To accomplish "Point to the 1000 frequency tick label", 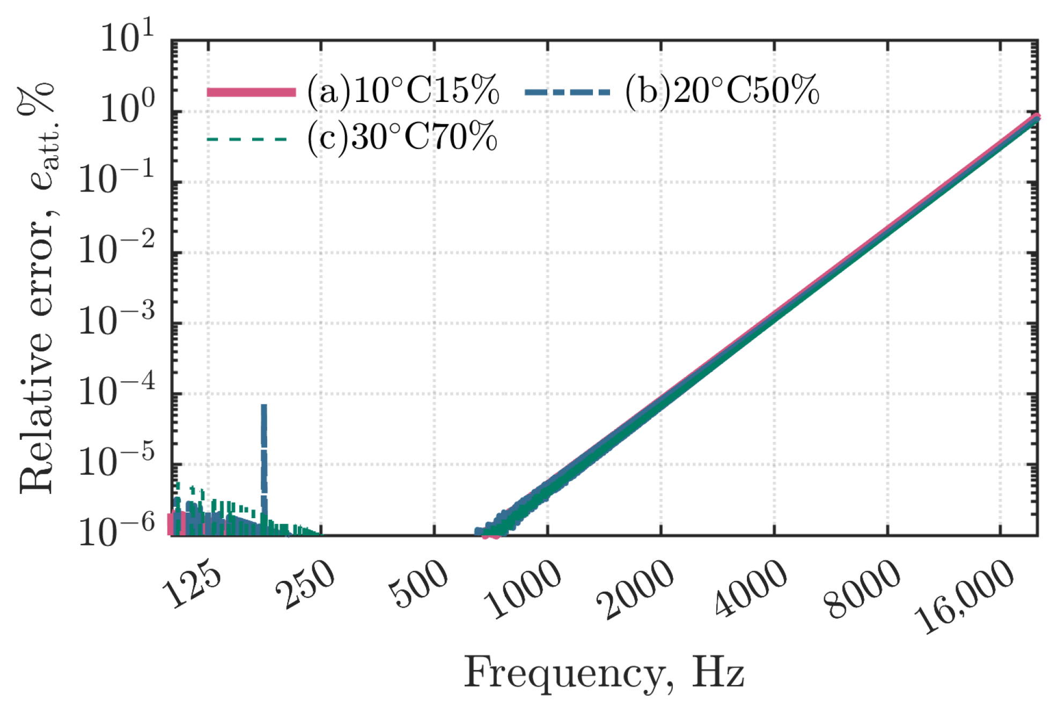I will tap(523, 589).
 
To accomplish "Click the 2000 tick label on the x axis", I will tap(636, 589).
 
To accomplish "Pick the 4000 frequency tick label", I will tap(750, 589).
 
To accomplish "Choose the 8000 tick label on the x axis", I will tap(863, 589).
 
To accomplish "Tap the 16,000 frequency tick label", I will tap(964, 596).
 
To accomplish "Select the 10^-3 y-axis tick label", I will tap(116, 320).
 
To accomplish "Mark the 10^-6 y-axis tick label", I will tap(116, 531).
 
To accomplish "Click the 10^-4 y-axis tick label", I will tap(116, 390).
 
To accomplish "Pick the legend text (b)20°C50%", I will tap(722, 90).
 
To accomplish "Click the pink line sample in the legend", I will tap(251, 92).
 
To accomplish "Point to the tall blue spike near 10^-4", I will tap(263, 429).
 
